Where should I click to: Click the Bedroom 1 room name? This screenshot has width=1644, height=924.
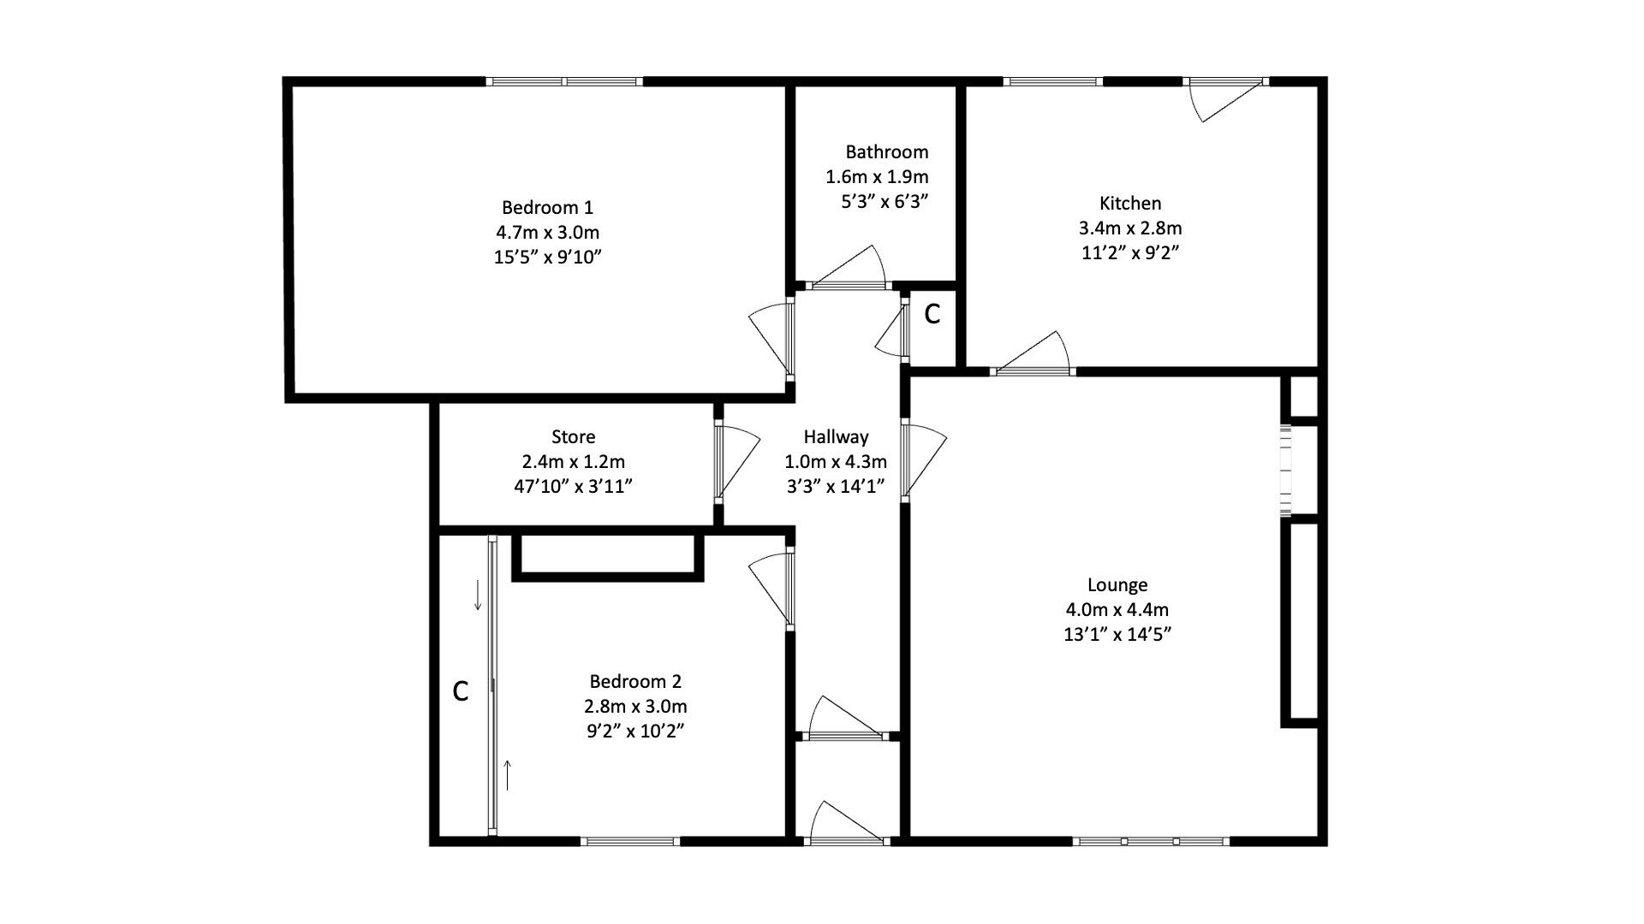[x=547, y=207]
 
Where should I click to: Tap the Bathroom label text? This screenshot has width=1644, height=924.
[x=886, y=152]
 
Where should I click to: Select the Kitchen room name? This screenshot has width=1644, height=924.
[x=1130, y=204]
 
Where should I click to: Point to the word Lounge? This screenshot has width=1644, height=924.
[x=1117, y=585]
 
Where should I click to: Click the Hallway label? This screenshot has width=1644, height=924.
[x=836, y=437]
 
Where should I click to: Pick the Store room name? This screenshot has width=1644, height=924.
[x=573, y=437]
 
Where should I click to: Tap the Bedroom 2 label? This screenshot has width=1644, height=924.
[x=635, y=682]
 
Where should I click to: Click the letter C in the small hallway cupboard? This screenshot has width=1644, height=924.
[x=932, y=315]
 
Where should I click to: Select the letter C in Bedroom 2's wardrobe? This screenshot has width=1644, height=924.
[x=460, y=691]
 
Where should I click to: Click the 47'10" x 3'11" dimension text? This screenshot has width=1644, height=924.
[x=573, y=487]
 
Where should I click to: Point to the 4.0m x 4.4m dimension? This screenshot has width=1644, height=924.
[x=1117, y=610]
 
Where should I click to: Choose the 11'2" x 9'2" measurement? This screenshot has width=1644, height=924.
[x=1130, y=253]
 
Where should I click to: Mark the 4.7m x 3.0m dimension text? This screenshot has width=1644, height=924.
[x=547, y=232]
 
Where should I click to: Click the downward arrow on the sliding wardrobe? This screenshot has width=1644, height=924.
[x=478, y=595]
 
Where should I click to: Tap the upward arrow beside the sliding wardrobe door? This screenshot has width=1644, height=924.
[x=508, y=775]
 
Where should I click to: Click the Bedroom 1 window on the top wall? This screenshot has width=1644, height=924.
[x=564, y=82]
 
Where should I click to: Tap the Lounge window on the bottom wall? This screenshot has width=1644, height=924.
[x=1152, y=841]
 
